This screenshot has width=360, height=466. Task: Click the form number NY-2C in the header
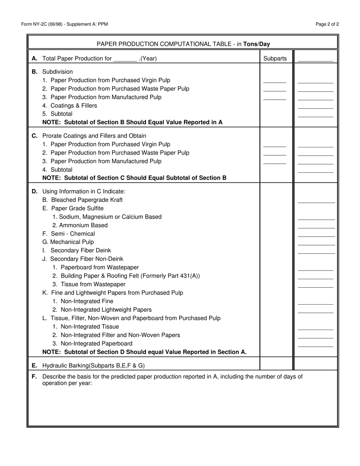(41, 24)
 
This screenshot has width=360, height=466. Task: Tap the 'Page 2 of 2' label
(327, 24)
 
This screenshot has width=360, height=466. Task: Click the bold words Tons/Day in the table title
(257, 44)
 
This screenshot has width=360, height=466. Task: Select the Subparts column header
(275, 58)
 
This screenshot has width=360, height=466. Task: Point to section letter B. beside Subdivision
(34, 72)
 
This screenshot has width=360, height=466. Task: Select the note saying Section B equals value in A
(132, 122)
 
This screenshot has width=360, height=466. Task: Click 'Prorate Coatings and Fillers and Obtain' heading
(94, 136)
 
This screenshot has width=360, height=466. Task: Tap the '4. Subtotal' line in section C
(57, 169)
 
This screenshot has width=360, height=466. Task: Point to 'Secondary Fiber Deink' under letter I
(80, 250)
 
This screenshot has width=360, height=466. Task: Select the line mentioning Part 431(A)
(126, 276)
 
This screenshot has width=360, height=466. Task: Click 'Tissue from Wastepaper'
(89, 284)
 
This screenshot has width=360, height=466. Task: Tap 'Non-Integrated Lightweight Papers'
(102, 310)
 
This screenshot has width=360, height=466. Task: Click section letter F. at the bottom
(34, 377)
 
